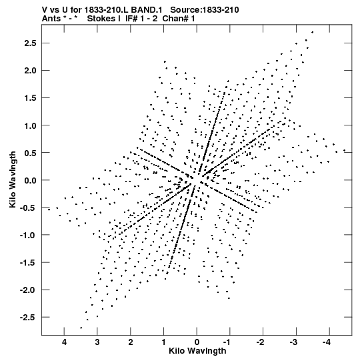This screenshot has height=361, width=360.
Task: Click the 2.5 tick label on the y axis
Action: [30, 43]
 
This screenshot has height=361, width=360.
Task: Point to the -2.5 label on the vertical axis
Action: [28, 317]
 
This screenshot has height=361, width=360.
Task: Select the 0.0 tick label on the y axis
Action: [30, 180]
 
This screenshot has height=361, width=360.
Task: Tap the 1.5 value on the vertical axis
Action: [30, 98]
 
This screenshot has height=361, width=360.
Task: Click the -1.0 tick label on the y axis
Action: [28, 235]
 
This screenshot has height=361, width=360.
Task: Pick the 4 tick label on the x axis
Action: [64, 342]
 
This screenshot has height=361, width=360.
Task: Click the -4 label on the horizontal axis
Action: [327, 342]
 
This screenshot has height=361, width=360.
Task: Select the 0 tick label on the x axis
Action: [197, 342]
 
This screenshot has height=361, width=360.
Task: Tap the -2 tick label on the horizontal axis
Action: [261, 342]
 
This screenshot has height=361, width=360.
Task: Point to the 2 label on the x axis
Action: [131, 342]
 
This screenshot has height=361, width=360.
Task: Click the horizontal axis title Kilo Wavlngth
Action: [197, 351]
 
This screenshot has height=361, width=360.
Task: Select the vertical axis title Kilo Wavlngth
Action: [13, 179]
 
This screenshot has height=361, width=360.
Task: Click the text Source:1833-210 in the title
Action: [205, 10]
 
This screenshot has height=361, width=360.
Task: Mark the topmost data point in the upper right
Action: [312, 32]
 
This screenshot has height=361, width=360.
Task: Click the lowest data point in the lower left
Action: [81, 328]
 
